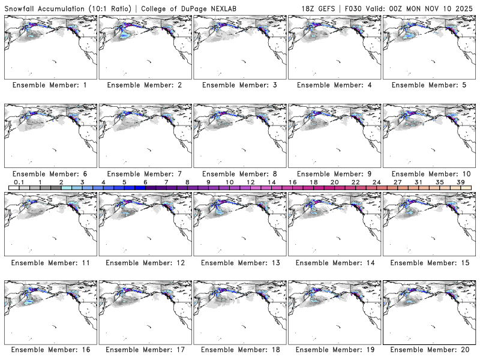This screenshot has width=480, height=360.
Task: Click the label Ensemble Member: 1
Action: (x=49, y=85)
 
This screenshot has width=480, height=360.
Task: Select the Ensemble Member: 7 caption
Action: (x=144, y=174)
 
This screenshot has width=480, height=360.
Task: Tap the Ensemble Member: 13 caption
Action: (x=239, y=263)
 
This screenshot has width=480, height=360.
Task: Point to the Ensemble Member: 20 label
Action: (x=429, y=350)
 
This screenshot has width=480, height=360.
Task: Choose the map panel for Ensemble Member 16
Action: (x=49, y=312)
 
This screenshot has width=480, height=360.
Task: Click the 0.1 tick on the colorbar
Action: (x=19, y=182)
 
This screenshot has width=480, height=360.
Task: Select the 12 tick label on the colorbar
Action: (x=251, y=182)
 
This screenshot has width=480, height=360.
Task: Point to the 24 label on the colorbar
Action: (x=376, y=182)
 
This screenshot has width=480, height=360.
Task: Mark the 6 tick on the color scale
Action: (x=145, y=182)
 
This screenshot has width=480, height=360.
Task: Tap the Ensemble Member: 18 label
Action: (x=239, y=350)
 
